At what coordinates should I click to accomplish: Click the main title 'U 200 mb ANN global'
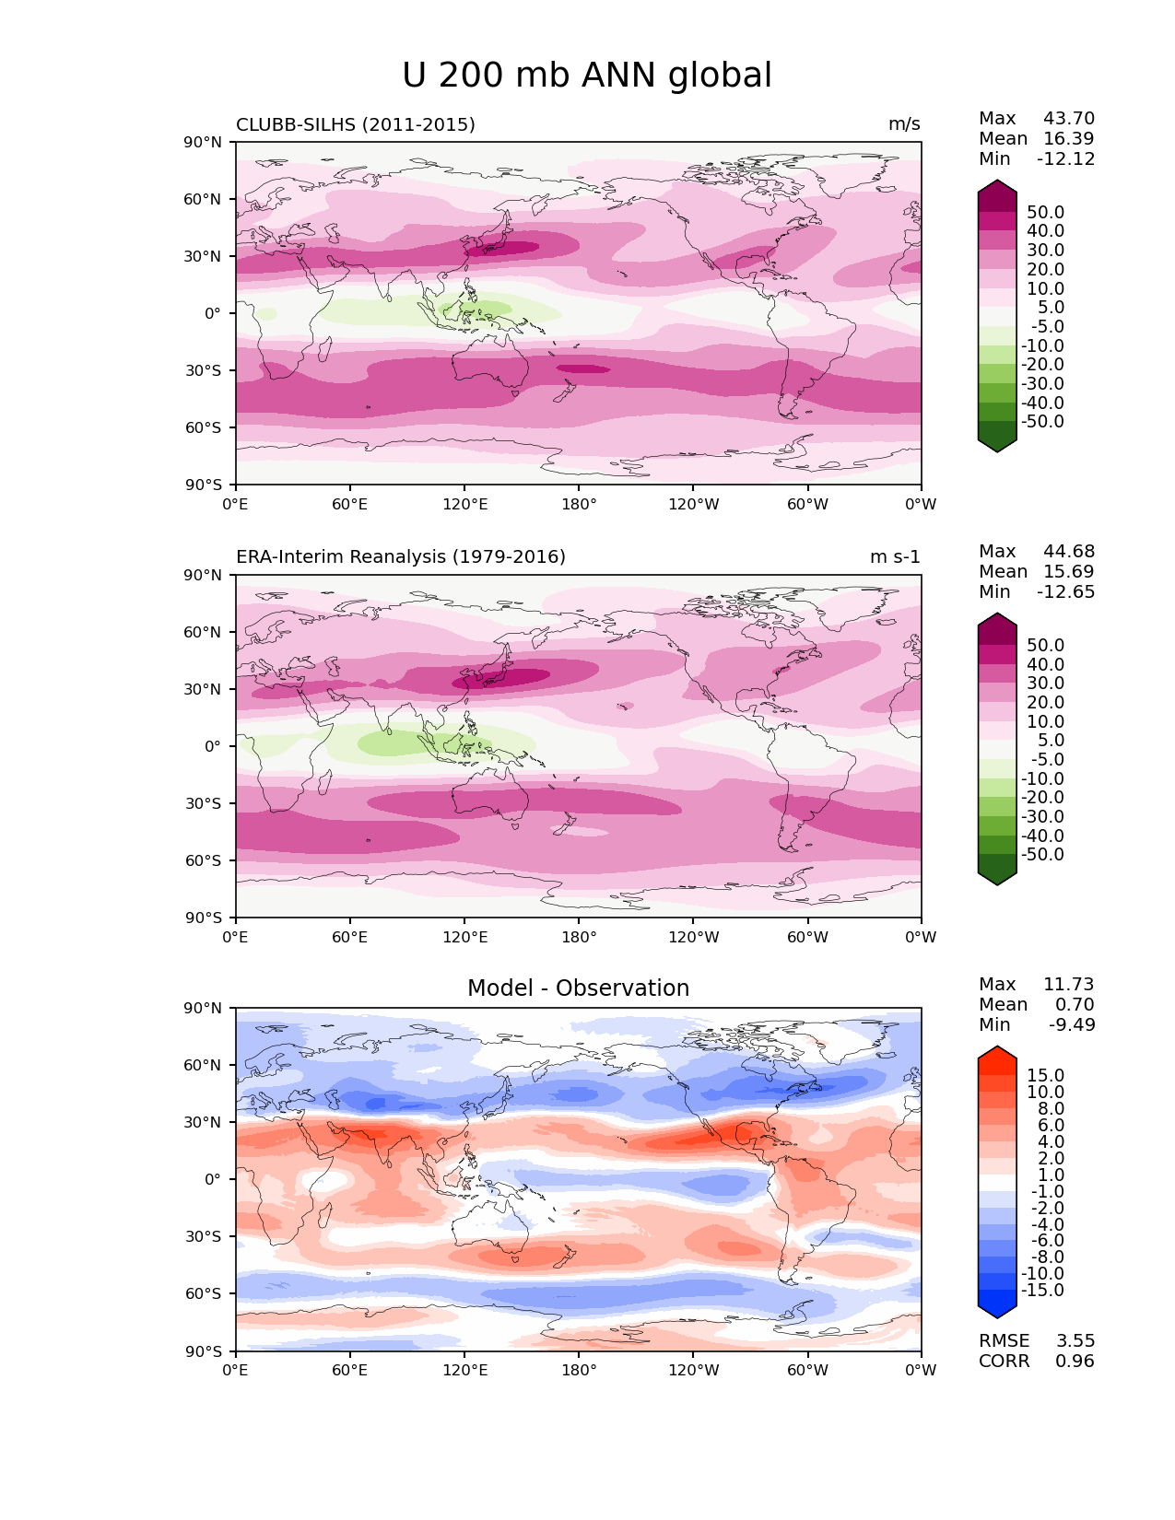[x=587, y=76]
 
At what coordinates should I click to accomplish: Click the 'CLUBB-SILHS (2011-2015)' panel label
[x=356, y=124]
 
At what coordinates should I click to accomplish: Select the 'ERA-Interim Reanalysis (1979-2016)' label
[x=401, y=557]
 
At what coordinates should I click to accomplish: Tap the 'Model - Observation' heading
[x=578, y=988]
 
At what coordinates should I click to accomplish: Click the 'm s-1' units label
[x=895, y=557]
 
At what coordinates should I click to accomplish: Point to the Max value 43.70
[x=1069, y=119]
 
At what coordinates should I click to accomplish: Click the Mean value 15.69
[x=1069, y=572]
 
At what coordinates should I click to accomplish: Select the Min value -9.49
[x=1072, y=1025]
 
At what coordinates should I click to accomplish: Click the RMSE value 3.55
[x=1075, y=1341]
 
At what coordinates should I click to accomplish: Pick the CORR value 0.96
[x=1075, y=1362]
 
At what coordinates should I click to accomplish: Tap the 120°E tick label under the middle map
[x=464, y=938]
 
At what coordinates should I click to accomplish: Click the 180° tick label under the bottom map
[x=579, y=1371]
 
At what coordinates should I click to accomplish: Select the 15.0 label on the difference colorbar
[x=1046, y=1076]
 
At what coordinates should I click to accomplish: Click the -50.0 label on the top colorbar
[x=1042, y=422]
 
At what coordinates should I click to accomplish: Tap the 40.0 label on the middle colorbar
[x=1046, y=664]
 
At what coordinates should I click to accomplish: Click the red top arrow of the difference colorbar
[x=997, y=1057]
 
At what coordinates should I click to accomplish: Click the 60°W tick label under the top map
[x=807, y=505]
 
